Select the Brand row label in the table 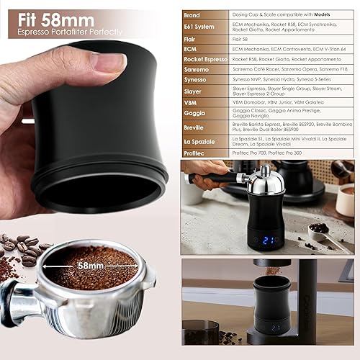click(x=192, y=14)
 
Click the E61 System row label click(x=199, y=27)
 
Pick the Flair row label click(x=190, y=40)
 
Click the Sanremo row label click(x=196, y=73)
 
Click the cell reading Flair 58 click(x=246, y=40)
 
